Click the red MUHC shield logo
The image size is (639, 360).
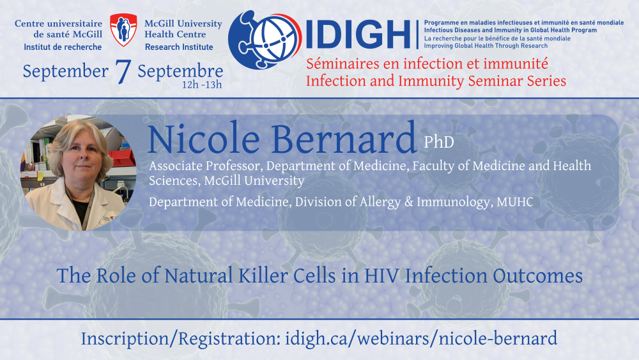pyautogui.click(x=123, y=30)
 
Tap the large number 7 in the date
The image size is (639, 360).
pyautogui.click(x=123, y=72)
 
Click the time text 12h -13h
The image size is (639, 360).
pyautogui.click(x=202, y=85)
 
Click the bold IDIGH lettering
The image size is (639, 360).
pyautogui.click(x=358, y=35)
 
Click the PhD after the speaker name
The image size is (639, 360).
pyautogui.click(x=439, y=142)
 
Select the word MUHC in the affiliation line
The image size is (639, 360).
pyautogui.click(x=514, y=202)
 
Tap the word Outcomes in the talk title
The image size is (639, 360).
pyautogui.click(x=537, y=276)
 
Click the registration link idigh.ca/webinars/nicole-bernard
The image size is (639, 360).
pyautogui.click(x=421, y=339)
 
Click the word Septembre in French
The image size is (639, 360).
pyautogui.click(x=180, y=72)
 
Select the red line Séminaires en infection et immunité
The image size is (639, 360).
pyautogui.click(x=427, y=63)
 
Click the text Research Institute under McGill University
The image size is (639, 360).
pyautogui.click(x=179, y=47)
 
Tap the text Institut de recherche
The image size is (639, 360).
pyautogui.click(x=63, y=47)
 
